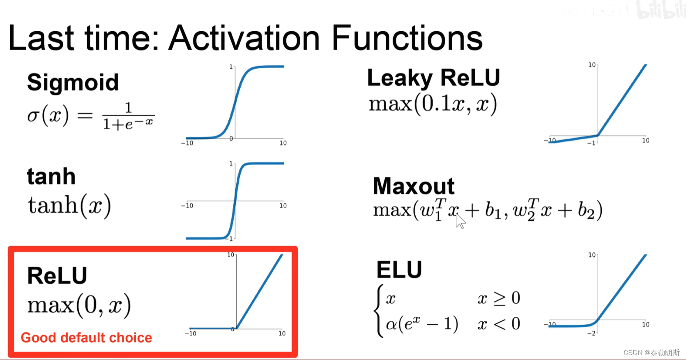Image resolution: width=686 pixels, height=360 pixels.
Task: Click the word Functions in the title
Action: [x=407, y=38]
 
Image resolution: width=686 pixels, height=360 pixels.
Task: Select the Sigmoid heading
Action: [x=73, y=83]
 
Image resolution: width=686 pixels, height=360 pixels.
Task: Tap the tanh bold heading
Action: [x=51, y=176]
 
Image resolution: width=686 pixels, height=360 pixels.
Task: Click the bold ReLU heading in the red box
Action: [x=57, y=275]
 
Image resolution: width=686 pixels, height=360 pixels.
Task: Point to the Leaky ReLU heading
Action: [x=433, y=78]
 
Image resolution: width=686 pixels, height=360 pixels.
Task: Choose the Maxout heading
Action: [x=414, y=186]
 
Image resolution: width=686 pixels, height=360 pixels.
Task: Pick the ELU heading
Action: [x=399, y=270]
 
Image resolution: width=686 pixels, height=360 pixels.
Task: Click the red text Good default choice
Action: [x=86, y=338]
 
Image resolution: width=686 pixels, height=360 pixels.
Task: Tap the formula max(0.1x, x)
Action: [x=433, y=104]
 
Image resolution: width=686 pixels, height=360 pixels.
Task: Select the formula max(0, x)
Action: [x=79, y=305]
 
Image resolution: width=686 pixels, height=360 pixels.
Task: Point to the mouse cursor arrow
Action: [x=460, y=221]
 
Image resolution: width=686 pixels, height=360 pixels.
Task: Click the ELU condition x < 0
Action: [x=499, y=323]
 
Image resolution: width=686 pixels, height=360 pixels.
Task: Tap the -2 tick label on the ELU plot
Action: [x=592, y=333]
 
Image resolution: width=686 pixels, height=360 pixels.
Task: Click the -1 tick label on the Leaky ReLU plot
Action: [x=592, y=143]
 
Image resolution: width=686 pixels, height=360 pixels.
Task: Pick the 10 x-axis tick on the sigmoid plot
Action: [x=283, y=143]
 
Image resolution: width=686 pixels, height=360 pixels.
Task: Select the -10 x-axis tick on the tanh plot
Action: [x=187, y=205]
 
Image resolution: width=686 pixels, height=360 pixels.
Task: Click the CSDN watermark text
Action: [x=651, y=353]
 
